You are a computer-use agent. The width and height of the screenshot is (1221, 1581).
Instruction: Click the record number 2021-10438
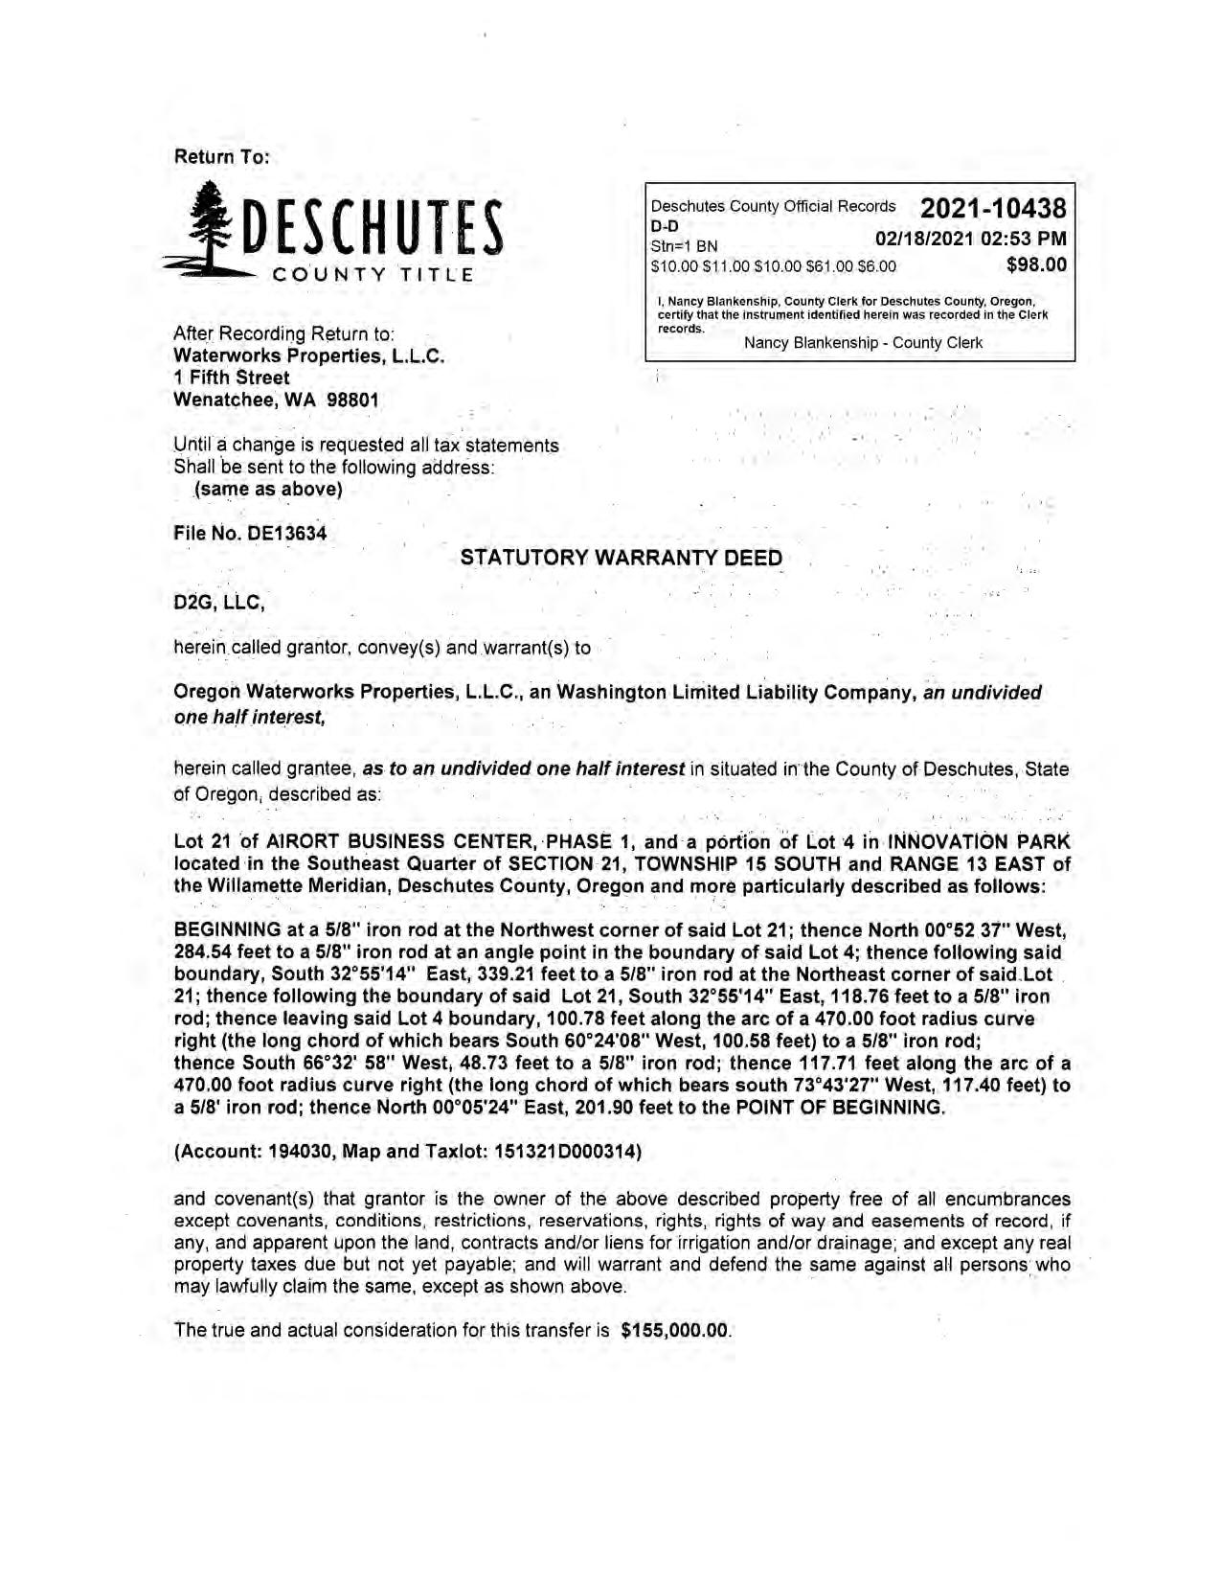coord(992,208)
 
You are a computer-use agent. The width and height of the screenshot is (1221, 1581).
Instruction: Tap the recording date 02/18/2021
coord(927,239)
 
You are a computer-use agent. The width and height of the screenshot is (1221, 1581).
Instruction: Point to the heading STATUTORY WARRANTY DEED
coord(621,558)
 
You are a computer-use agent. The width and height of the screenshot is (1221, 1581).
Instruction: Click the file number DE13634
coord(286,534)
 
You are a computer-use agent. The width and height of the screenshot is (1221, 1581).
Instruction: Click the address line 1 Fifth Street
coord(231,378)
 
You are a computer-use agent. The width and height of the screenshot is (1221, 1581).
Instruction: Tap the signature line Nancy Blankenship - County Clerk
coord(863,343)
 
